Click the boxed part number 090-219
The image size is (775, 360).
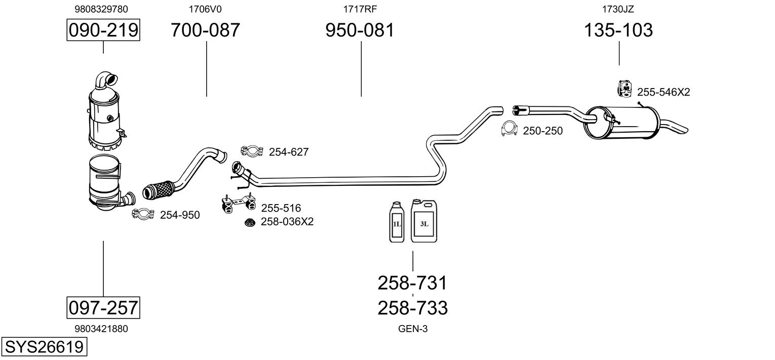103,30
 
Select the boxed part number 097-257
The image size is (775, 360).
103,307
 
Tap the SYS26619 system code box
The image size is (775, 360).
44,346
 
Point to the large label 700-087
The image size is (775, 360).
205,30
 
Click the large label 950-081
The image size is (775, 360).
360,30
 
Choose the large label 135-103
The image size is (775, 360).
618,30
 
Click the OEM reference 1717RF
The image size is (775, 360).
360,9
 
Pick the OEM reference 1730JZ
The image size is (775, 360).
618,9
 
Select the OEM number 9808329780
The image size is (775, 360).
101,9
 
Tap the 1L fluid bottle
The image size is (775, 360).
397,222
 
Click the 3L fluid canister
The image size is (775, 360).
424,221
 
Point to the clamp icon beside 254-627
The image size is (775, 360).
252,151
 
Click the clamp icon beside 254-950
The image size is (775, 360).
143,214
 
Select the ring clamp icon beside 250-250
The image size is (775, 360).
509,129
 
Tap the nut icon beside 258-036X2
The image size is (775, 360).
249,222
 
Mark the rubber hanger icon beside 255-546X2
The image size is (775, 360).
625,89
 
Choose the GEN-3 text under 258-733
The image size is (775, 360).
413,329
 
